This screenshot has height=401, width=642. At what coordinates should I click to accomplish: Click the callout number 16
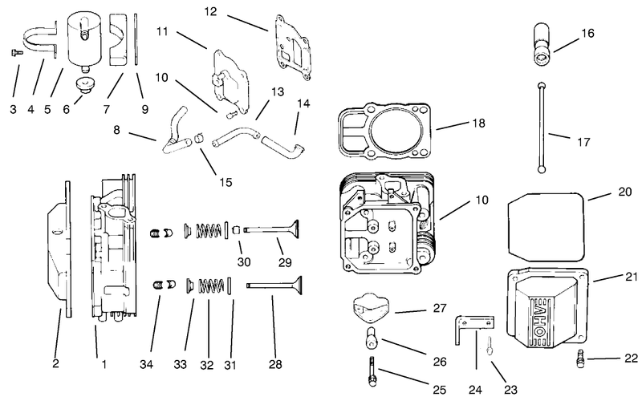(587, 33)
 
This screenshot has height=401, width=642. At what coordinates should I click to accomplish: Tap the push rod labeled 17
(542, 127)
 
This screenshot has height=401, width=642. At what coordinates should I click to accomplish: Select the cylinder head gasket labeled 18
(384, 131)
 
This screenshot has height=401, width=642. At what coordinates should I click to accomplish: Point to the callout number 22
(631, 358)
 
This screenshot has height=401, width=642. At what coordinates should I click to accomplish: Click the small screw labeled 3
(16, 52)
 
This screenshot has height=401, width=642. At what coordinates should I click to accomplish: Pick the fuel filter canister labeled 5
(86, 41)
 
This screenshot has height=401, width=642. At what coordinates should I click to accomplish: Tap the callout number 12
(210, 11)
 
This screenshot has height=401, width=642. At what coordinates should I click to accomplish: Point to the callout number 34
(146, 364)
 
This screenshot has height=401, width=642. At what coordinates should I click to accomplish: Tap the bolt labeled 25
(372, 371)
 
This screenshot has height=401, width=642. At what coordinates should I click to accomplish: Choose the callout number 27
(440, 308)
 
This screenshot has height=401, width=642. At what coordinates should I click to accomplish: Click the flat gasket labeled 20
(546, 227)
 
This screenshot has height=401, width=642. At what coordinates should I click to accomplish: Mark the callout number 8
(116, 130)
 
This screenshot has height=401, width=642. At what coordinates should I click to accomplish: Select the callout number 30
(244, 261)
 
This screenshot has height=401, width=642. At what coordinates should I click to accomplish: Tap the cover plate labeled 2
(59, 249)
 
